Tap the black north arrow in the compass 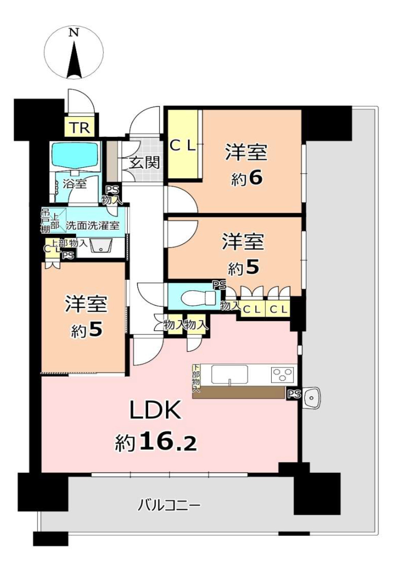[x=74, y=61]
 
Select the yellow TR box [x=80, y=128]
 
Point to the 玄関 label [x=144, y=163]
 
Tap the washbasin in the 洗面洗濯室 [x=101, y=246]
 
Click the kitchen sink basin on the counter [x=229, y=375]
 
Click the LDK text [x=155, y=410]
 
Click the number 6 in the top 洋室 [x=256, y=178]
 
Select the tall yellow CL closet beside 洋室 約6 [x=183, y=145]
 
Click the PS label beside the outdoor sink [x=294, y=394]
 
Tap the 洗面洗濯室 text [x=93, y=226]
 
